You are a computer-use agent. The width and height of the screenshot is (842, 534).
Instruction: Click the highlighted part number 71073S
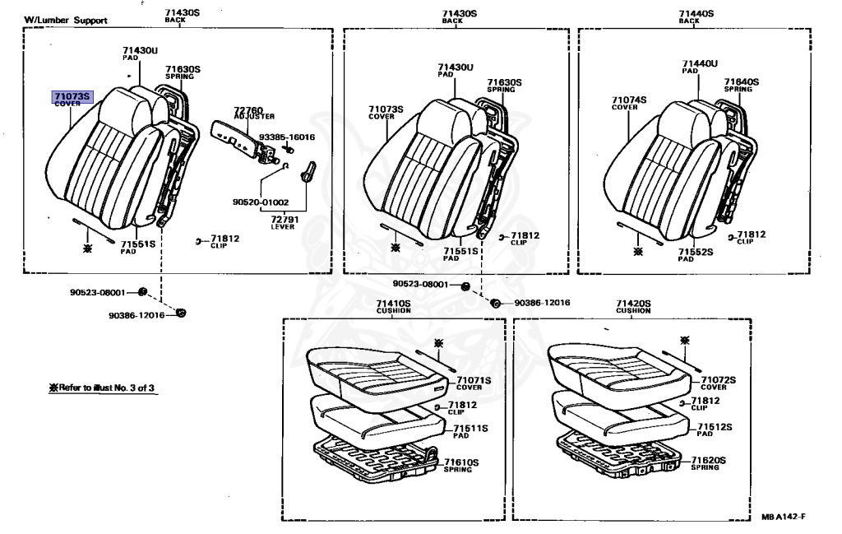72,97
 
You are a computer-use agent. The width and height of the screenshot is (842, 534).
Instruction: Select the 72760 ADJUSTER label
248,111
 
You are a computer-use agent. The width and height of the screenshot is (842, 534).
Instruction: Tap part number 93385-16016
287,137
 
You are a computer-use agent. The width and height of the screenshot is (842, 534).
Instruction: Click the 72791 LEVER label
282,221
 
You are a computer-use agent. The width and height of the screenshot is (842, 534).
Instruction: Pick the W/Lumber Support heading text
65,21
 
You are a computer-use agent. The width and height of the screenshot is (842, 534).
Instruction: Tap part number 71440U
699,63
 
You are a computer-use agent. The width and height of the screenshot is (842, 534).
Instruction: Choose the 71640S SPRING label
741,84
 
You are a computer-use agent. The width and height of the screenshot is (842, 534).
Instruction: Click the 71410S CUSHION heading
393,306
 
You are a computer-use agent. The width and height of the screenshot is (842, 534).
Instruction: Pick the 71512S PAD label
715,429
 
